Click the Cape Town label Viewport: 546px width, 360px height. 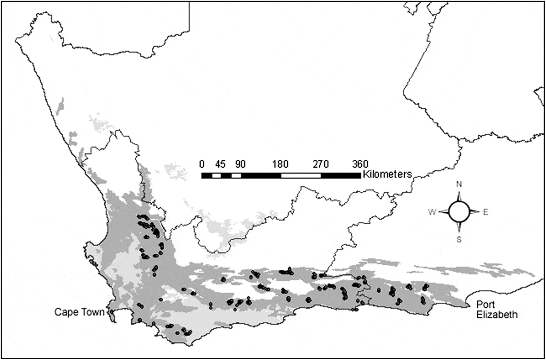tap(79, 312)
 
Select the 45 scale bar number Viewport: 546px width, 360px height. tap(220, 164)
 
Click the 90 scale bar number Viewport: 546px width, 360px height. tap(240, 164)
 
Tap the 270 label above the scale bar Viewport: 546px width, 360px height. tap(321, 164)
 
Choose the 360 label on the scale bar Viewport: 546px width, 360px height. tap(360, 164)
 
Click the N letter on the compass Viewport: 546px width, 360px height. tap(459, 184)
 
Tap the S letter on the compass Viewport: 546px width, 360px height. tap(459, 240)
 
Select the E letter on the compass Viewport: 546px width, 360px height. tap(486, 212)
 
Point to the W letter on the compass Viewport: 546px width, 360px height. tap(432, 212)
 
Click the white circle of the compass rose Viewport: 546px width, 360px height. tap(459, 212)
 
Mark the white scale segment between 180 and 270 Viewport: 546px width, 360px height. tap(301, 175)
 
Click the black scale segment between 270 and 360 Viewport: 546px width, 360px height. tap(340, 175)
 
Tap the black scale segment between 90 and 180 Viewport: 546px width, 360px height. tap(261, 175)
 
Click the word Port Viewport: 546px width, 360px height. tap(486, 305)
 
